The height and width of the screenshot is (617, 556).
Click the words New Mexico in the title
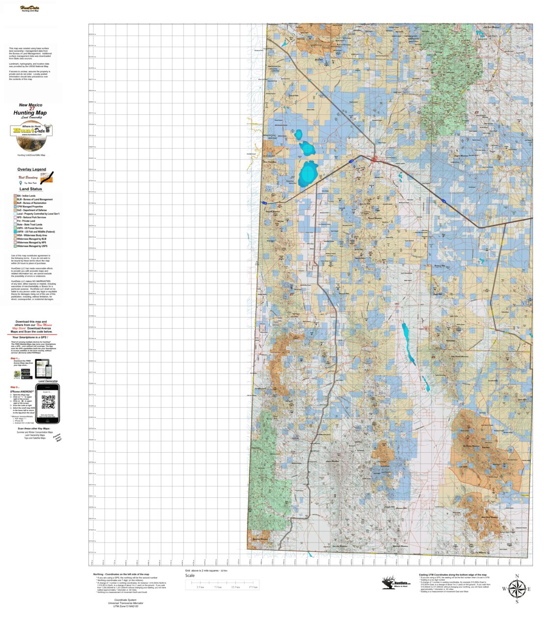pyautogui.click(x=30, y=105)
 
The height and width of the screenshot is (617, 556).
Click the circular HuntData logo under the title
pyautogui.click(x=31, y=137)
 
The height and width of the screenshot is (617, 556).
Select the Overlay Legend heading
pyautogui.click(x=31, y=169)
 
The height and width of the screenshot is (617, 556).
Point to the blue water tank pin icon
pyautogui.click(x=21, y=183)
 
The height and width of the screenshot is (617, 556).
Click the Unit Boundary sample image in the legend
pyautogui.click(x=46, y=178)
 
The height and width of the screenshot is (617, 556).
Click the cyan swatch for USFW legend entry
pyautogui.click(x=15, y=231)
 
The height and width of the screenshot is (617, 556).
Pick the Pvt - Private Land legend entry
pyautogui.click(x=26, y=221)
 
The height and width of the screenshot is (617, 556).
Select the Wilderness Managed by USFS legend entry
pyautogui.click(x=31, y=246)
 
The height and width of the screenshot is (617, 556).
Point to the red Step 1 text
pyautogui.click(x=15, y=359)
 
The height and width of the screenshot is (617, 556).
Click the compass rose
pyautogui.click(x=517, y=589)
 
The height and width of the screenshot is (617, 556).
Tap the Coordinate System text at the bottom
pyautogui.click(x=125, y=600)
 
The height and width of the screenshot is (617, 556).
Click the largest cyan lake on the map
pyautogui.click(x=308, y=173)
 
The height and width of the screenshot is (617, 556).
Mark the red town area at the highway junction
pyautogui.click(x=375, y=158)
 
